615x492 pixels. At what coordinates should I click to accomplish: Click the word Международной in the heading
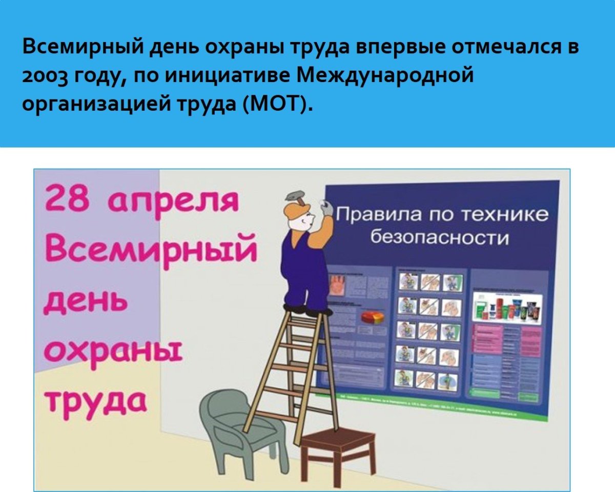(384, 76)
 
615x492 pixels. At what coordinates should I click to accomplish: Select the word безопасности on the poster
(439, 238)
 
